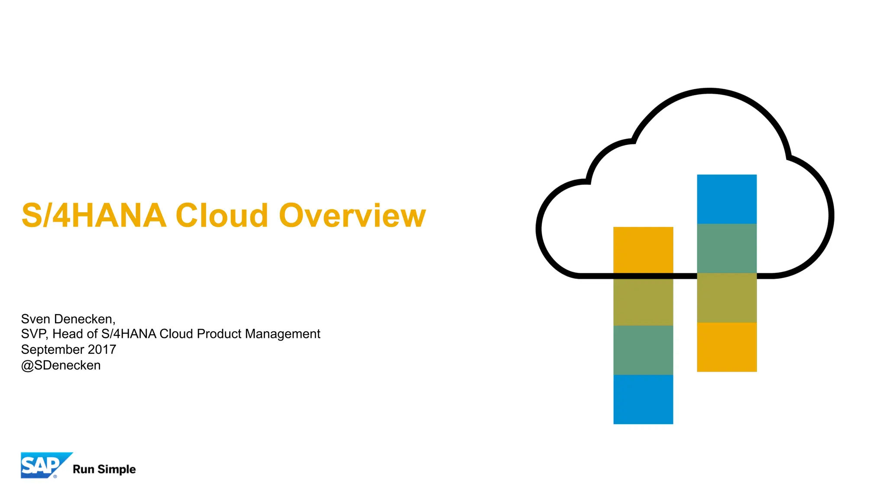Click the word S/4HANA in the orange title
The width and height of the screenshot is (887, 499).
tap(94, 216)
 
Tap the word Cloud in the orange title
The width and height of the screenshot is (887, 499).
tap(222, 216)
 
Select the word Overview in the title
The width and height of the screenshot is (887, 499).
tap(352, 216)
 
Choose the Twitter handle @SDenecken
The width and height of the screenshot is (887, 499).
tap(61, 366)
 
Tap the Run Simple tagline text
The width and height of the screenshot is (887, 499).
tap(104, 470)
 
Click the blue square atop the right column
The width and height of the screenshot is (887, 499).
tap(727, 199)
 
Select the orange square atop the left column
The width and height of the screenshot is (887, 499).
tap(643, 250)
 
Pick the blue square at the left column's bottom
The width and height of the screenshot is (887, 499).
tap(643, 399)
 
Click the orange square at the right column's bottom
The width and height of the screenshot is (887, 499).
tap(727, 347)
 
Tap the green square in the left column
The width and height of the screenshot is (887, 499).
tap(643, 350)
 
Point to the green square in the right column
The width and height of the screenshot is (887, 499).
tap(727, 248)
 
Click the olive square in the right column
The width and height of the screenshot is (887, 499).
tap(727, 298)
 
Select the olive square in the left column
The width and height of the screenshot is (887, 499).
tap(643, 301)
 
